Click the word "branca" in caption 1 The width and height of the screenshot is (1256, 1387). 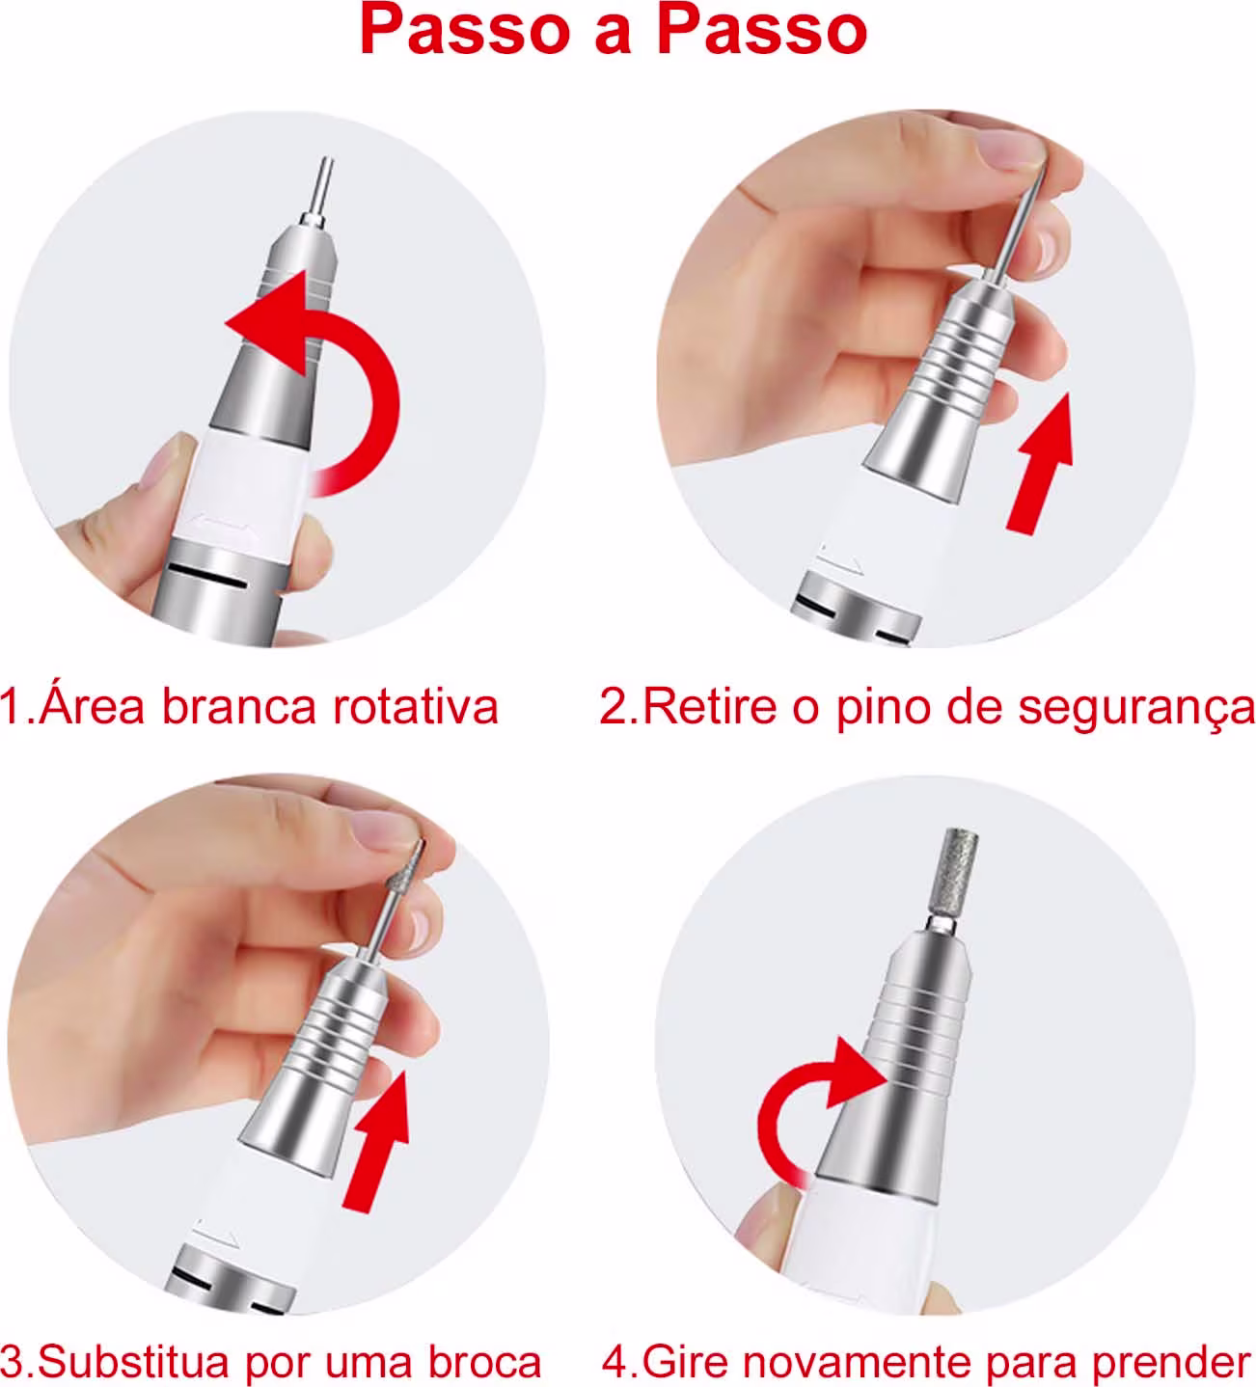click(240, 707)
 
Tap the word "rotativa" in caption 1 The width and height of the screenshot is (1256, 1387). click(416, 707)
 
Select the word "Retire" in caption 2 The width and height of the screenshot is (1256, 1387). click(710, 707)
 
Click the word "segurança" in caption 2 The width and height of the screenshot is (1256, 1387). click(1137, 709)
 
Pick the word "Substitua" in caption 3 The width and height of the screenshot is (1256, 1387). click(133, 1361)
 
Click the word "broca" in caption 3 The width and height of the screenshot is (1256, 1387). click(485, 1361)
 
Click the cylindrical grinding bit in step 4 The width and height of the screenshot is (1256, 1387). click(959, 871)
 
